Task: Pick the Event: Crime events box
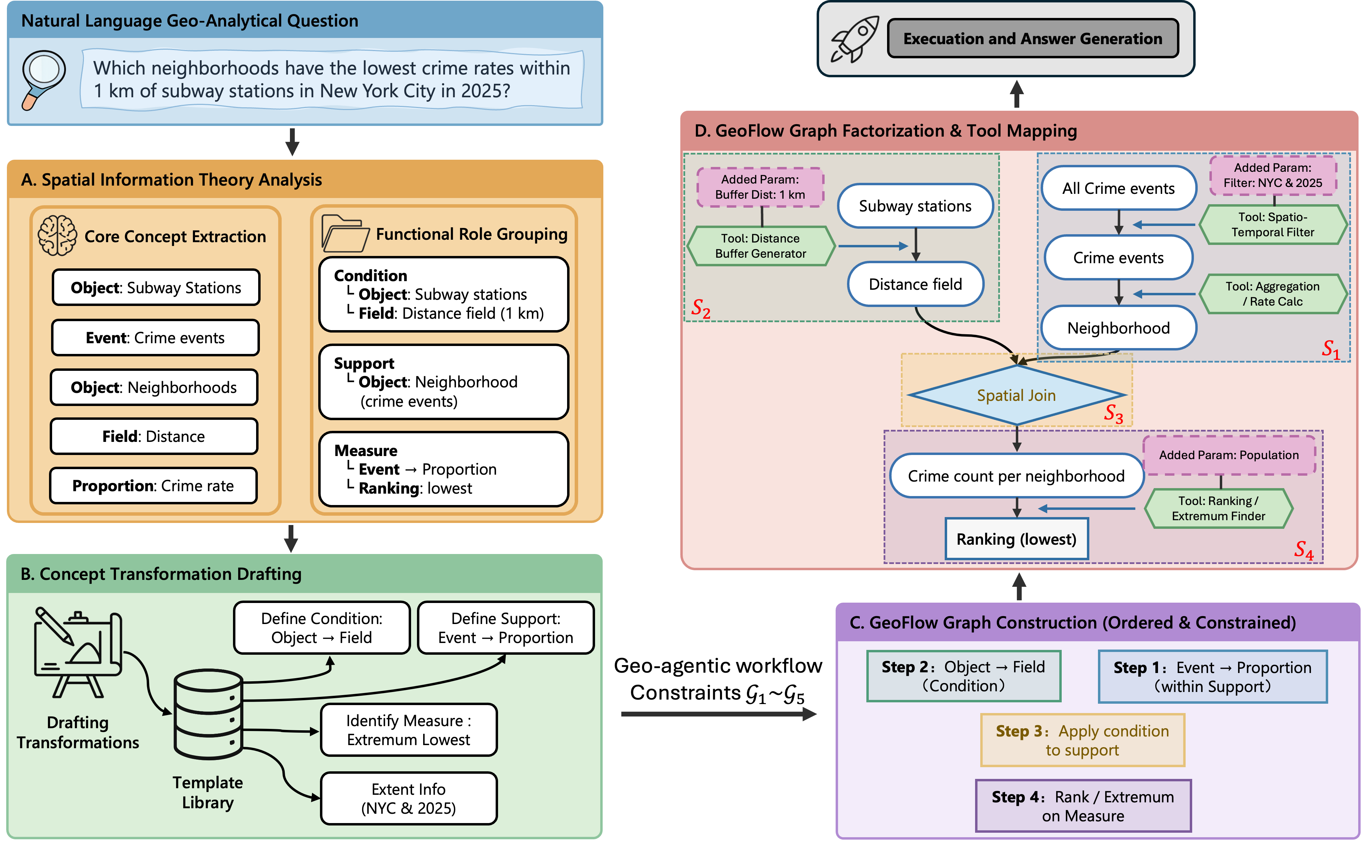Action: [155, 338]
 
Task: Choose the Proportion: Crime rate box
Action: [153, 486]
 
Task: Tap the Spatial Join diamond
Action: [1016, 395]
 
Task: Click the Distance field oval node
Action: [915, 284]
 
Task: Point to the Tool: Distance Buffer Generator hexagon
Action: [761, 246]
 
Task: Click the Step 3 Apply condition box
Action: [1082, 740]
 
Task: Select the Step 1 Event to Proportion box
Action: [1212, 676]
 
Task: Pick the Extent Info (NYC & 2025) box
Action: [408, 798]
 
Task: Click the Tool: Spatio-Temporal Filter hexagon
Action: [1272, 225]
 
